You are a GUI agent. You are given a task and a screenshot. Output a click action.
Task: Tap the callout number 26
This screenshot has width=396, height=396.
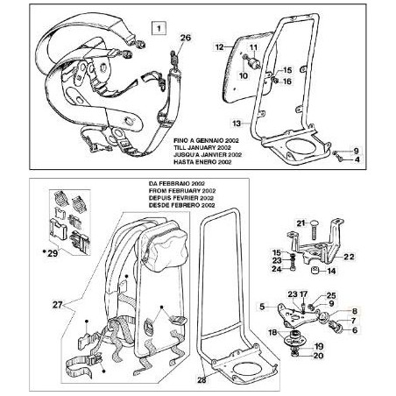click(x=184, y=38)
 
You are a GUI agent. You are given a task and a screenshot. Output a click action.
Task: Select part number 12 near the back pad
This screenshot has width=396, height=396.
click(x=220, y=42)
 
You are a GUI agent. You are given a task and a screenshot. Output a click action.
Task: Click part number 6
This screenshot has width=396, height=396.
click(x=354, y=330)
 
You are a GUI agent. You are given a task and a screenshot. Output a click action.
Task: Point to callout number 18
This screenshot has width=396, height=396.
click(x=272, y=333)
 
